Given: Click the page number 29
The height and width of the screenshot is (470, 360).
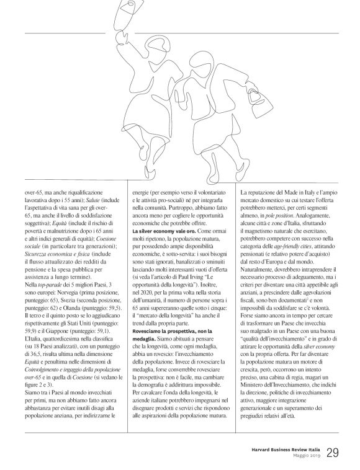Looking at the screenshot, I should pos(333,451).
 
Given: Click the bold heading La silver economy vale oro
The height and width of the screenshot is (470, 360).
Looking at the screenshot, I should pos(163,231).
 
